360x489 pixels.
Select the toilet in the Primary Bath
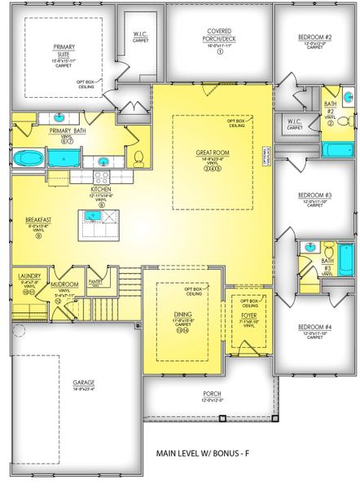pyautogui.click(x=138, y=156)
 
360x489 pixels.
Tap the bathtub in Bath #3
pyautogui.click(x=346, y=261)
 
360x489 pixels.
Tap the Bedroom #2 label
pyautogui.click(x=314, y=37)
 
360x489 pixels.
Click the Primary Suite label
pyautogui.click(x=64, y=51)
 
